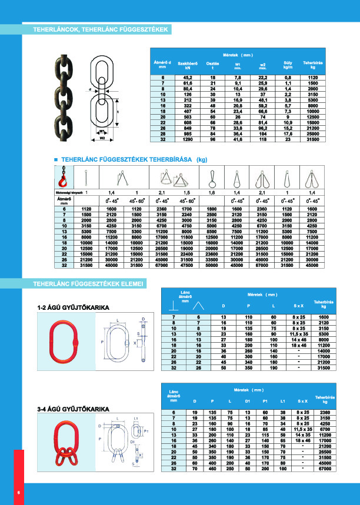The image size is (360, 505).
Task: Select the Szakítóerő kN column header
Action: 186,65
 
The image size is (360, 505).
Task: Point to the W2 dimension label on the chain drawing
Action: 102,139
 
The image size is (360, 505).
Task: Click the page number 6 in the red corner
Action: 18,493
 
